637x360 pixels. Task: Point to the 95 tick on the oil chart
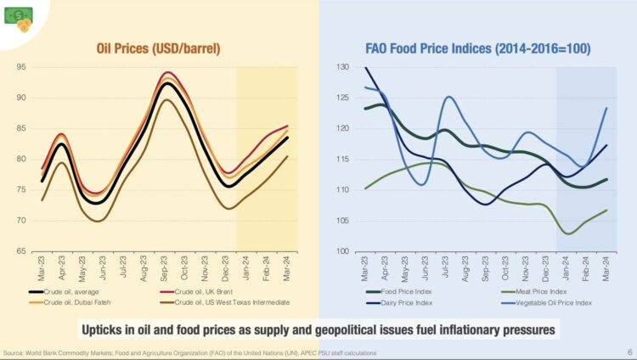coord(20,67)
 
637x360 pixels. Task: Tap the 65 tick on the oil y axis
coord(20,251)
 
